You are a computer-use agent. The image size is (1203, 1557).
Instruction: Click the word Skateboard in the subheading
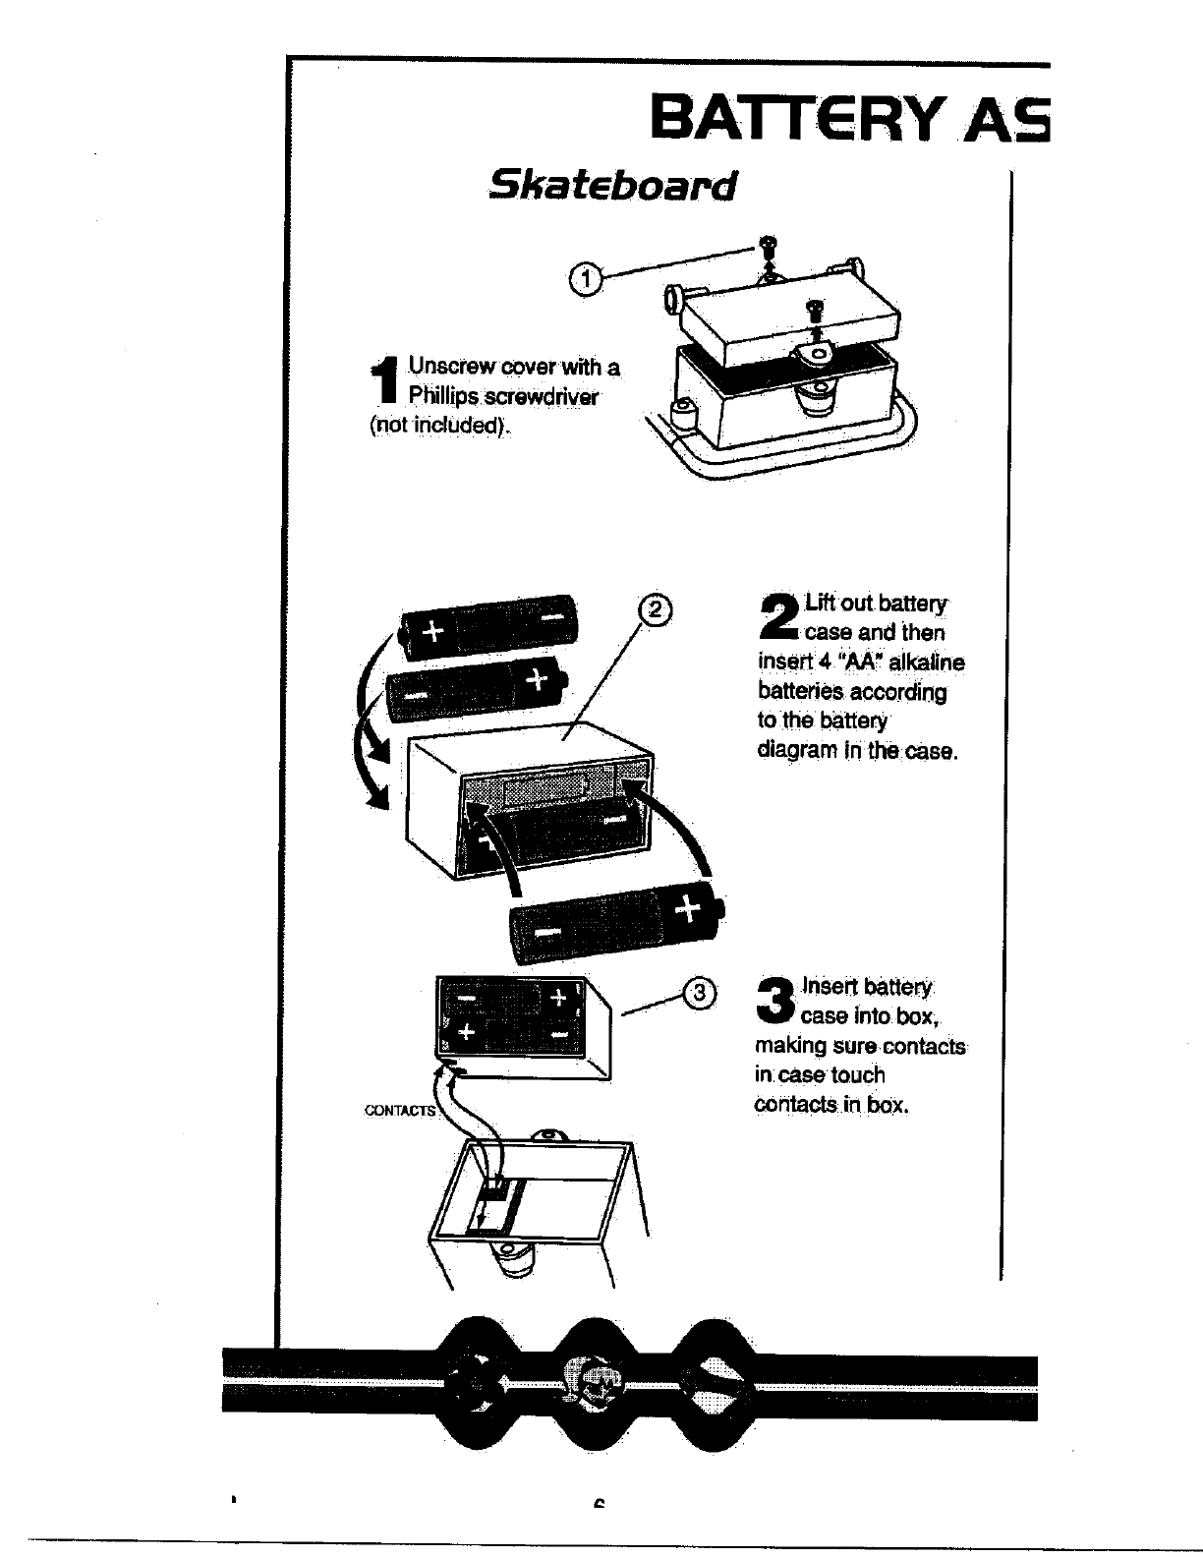click(612, 185)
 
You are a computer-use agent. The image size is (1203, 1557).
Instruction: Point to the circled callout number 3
click(699, 993)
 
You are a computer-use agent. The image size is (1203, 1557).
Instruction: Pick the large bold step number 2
click(780, 615)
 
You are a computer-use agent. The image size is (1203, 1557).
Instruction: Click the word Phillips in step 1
click(441, 396)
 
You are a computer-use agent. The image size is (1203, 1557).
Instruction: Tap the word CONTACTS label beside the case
click(399, 1111)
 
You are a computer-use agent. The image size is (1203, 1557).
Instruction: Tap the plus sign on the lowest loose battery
click(689, 908)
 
